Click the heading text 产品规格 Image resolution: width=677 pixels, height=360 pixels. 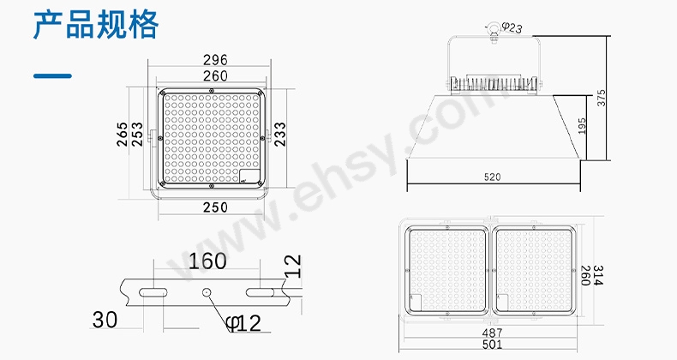click(96, 25)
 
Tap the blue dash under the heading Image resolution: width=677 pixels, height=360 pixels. click(52, 76)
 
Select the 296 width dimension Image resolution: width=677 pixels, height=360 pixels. click(215, 60)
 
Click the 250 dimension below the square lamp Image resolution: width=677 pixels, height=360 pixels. click(215, 207)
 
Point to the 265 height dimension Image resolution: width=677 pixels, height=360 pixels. click(123, 134)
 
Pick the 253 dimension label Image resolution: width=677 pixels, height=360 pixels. click(137, 134)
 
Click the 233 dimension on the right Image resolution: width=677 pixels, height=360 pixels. click(279, 134)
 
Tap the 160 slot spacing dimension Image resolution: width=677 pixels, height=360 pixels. click(207, 261)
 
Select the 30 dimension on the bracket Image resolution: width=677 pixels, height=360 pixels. click(105, 320)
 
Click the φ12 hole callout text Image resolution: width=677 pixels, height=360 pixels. click(243, 323)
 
